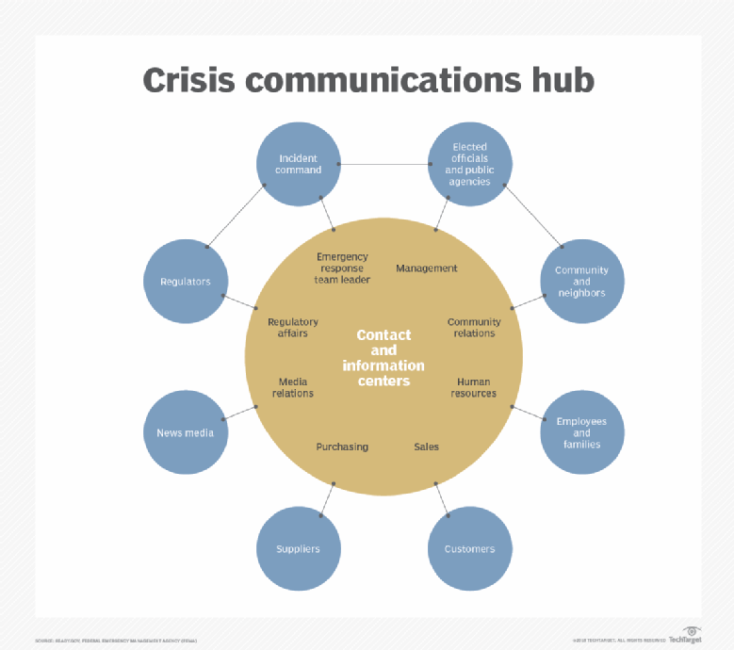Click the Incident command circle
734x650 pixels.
299,165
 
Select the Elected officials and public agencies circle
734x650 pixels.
470,165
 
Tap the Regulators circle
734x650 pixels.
186,281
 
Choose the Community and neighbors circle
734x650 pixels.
581,281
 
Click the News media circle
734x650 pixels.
186,432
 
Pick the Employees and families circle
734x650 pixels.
581,432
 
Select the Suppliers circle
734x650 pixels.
298,548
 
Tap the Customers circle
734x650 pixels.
469,548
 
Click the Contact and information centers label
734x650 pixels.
383,358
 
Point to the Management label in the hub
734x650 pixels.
426,268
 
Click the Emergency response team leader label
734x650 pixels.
342,268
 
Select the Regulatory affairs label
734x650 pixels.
293,328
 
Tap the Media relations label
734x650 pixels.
293,387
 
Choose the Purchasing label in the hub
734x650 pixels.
342,447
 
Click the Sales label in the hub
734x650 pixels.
426,447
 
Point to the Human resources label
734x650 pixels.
474,387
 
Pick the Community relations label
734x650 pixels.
474,328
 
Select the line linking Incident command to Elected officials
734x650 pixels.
384,165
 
